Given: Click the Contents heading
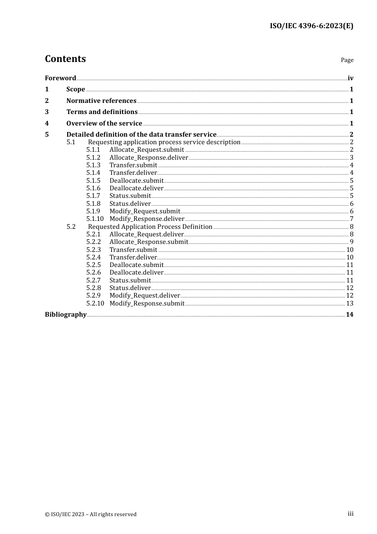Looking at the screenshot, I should pyautogui.click(x=65, y=59).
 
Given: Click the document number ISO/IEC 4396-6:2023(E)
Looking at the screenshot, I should pyautogui.click(x=312, y=26).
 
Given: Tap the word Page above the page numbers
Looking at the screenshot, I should pyautogui.click(x=347, y=60).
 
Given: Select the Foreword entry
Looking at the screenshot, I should pyautogui.click(x=60, y=78).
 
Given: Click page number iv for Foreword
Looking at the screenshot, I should pyautogui.click(x=350, y=78).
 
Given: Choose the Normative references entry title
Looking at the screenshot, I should pyautogui.click(x=101, y=101).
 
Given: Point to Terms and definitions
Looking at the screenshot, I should pyautogui.click(x=102, y=112).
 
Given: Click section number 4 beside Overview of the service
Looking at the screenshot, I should pyautogui.click(x=47, y=123).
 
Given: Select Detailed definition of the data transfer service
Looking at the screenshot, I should pyautogui.click(x=141, y=135).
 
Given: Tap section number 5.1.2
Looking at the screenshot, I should pyautogui.click(x=93, y=157).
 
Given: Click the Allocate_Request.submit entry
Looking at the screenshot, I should pyautogui.click(x=146, y=150).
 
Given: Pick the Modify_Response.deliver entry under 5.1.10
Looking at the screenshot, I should pyautogui.click(x=147, y=219).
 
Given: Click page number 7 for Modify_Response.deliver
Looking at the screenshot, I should pyautogui.click(x=352, y=219).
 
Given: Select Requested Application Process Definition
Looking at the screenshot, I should pyautogui.click(x=150, y=226).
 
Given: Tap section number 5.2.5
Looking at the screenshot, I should pyautogui.click(x=93, y=265).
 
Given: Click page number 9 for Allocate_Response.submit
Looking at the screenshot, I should pyautogui.click(x=352, y=242).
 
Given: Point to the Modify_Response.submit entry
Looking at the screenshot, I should pyautogui.click(x=147, y=303).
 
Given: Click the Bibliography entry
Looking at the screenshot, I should pyautogui.click(x=65, y=315).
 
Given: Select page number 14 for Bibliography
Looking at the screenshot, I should pyautogui.click(x=350, y=315).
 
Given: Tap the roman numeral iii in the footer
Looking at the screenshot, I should pyautogui.click(x=350, y=514).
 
